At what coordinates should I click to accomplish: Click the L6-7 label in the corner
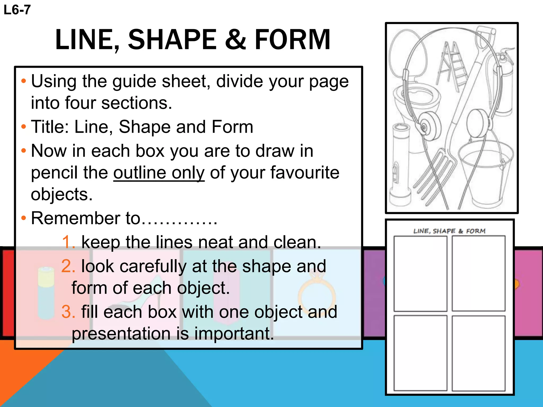click(x=17, y=10)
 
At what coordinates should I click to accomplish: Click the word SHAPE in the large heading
click(x=173, y=40)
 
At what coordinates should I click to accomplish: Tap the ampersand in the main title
click(x=236, y=40)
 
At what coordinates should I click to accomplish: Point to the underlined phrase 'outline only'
click(x=159, y=173)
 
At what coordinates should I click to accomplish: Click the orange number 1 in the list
click(x=68, y=242)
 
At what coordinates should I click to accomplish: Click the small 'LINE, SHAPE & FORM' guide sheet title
click(x=449, y=231)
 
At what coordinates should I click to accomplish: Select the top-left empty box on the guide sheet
click(x=420, y=273)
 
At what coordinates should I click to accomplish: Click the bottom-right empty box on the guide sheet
click(x=479, y=353)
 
